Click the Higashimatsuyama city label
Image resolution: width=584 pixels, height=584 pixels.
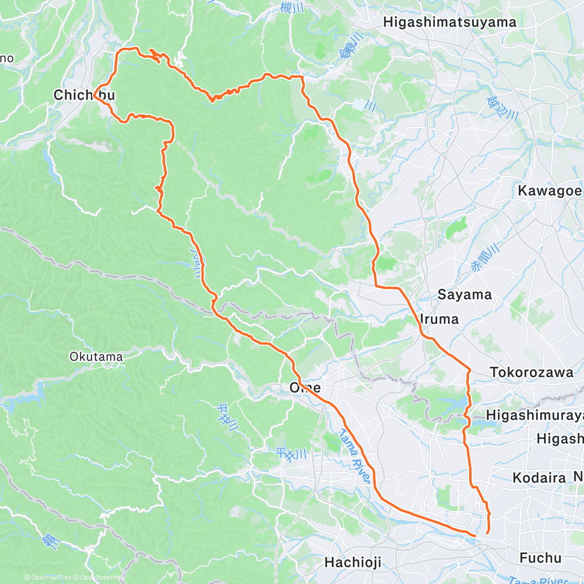pos(449,22)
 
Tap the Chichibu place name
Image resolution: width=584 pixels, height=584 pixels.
pos(84,95)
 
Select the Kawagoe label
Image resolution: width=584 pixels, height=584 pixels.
pos(549,191)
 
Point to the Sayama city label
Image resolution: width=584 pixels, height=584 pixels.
pos(464,294)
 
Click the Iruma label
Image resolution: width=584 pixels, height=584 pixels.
pos(439,319)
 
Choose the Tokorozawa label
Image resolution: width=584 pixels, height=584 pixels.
pos(531,372)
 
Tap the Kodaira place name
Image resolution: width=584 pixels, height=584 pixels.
pos(539,478)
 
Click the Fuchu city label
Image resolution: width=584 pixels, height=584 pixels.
pos(540,558)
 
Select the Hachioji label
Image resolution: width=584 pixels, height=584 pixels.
pos(353,563)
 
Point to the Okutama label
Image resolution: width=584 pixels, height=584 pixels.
pos(96,357)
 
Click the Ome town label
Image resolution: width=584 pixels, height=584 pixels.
pos(305,387)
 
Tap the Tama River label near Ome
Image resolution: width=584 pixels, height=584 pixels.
pos(354,456)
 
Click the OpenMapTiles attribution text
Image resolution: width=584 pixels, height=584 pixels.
pos(47,578)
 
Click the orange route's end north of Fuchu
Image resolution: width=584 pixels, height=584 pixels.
pos(487,533)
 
